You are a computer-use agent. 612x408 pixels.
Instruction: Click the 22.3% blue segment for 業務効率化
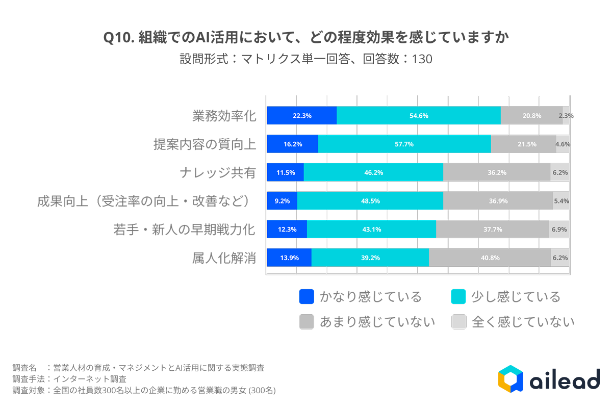[x=302, y=116]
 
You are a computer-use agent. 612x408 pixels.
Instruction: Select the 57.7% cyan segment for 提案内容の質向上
[x=404, y=144]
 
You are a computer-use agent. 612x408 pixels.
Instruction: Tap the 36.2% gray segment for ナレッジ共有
[x=497, y=173]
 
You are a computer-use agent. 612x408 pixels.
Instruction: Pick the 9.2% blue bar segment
[x=282, y=201]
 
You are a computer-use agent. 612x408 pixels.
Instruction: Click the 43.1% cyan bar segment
[x=372, y=229]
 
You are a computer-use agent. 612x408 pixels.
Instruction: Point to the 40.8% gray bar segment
[x=490, y=258]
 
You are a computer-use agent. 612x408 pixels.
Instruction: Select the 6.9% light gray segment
[x=559, y=229]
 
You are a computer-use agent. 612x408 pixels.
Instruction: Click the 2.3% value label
[x=566, y=116]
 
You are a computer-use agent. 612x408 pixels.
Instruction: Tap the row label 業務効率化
[x=224, y=116]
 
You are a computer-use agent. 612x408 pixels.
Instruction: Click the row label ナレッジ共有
[x=218, y=173]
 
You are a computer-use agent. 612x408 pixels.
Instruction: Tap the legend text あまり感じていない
[x=377, y=322]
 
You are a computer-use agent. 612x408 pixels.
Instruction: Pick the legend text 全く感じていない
[x=523, y=322]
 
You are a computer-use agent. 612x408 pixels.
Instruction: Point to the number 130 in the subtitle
[x=422, y=59]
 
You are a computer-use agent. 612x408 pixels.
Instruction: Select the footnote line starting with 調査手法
[x=69, y=379]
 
